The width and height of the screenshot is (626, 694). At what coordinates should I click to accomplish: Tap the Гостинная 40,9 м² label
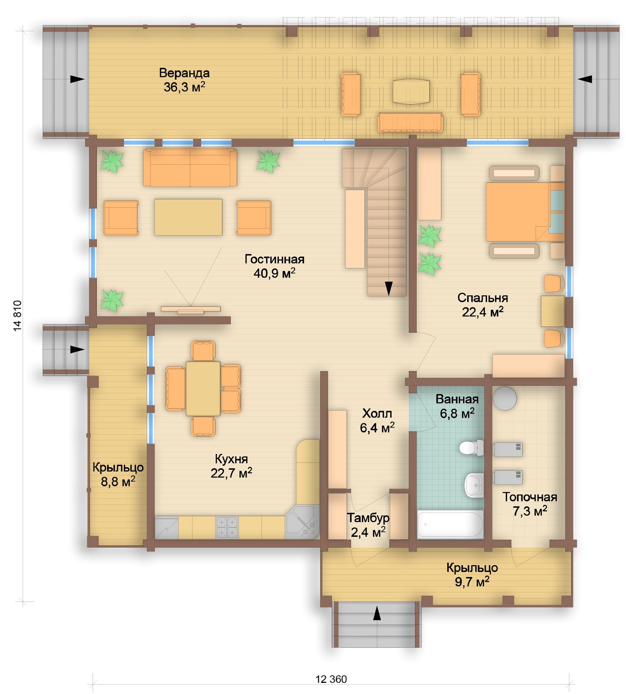pyautogui.click(x=275, y=266)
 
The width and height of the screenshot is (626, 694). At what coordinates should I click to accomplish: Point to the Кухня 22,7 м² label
pyautogui.click(x=231, y=466)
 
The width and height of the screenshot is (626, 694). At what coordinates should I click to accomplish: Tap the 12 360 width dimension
pyautogui.click(x=331, y=679)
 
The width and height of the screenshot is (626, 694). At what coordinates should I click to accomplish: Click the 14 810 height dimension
pyautogui.click(x=18, y=316)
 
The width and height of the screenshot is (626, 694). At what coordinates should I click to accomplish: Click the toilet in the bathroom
pyautogui.click(x=471, y=447)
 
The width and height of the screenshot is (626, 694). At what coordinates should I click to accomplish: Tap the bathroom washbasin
pyautogui.click(x=474, y=485)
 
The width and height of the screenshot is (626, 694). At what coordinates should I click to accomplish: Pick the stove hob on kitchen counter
pyautogui.click(x=227, y=527)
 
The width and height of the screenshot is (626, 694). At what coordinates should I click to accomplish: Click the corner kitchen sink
pyautogui.click(x=302, y=522)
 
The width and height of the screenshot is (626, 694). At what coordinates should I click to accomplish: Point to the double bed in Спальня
pyautogui.click(x=525, y=211)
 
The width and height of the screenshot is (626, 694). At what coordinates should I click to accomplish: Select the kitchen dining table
pyautogui.click(x=203, y=389)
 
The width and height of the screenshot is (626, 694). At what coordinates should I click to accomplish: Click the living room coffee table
pyautogui.click(x=188, y=217)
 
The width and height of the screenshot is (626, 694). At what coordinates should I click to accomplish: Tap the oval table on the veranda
pyautogui.click(x=411, y=91)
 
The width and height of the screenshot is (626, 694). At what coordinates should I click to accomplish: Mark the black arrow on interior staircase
pyautogui.click(x=389, y=288)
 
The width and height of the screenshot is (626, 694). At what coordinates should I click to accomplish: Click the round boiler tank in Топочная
pyautogui.click(x=505, y=398)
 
